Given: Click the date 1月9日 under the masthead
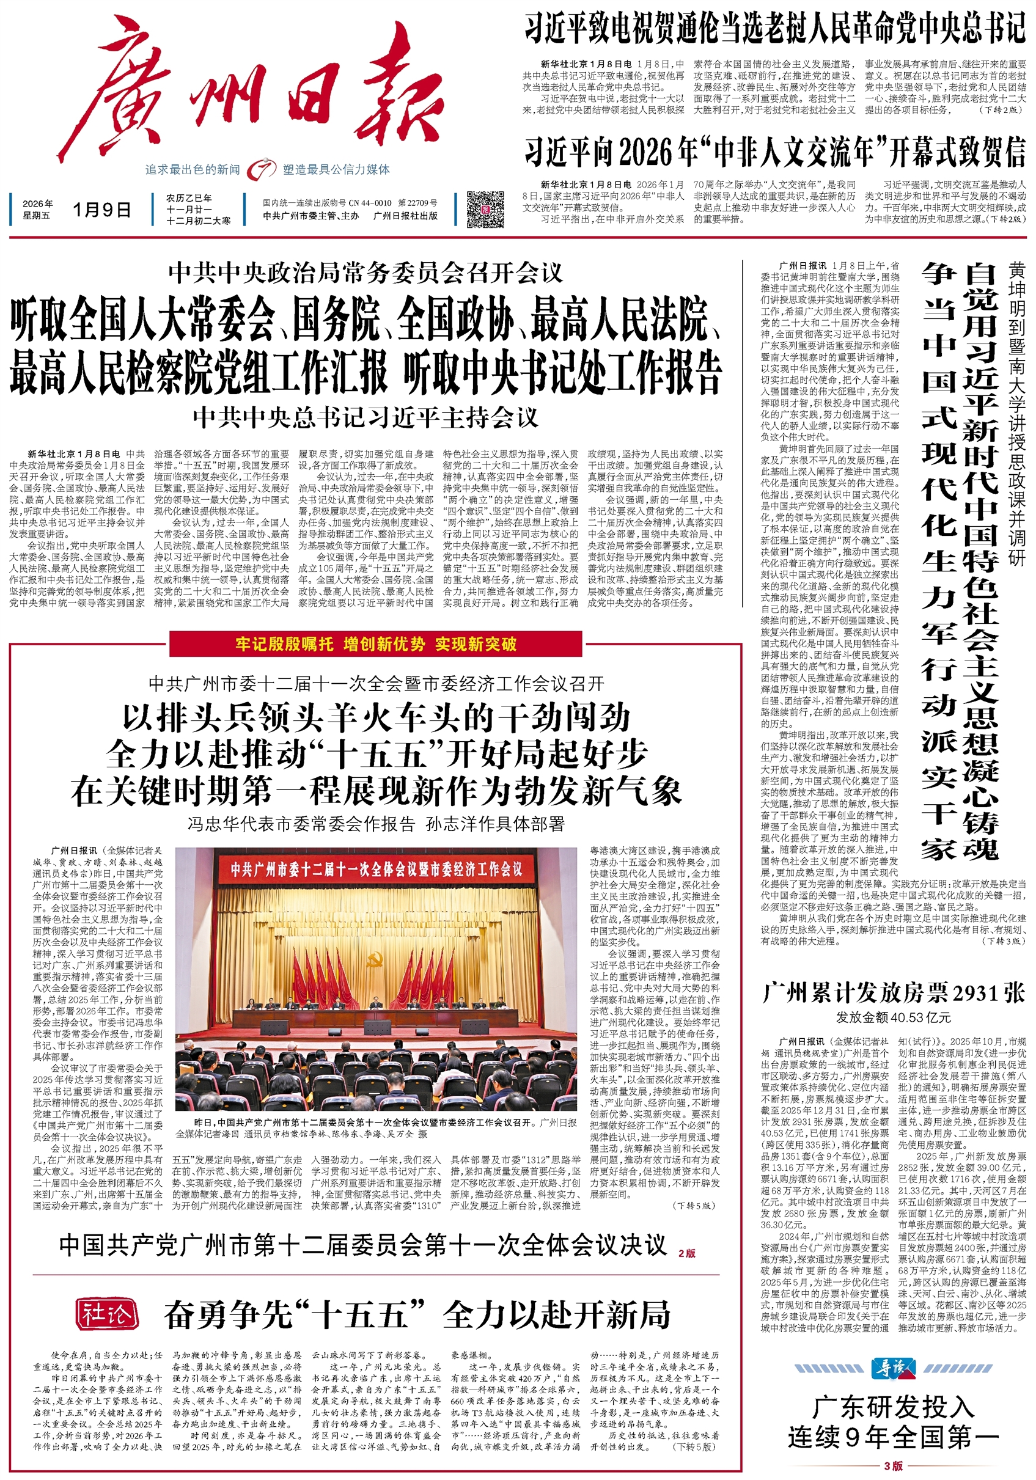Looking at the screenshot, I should tap(102, 210).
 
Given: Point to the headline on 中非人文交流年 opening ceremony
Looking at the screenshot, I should tap(774, 152).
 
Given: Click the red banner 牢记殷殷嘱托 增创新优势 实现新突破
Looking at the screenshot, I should tap(376, 644).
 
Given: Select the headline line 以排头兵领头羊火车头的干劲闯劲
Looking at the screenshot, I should tap(376, 717).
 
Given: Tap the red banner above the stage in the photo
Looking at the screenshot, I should tap(376, 870).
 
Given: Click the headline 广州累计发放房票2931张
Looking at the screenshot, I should tap(894, 994).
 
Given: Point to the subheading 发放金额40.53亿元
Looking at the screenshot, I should tap(894, 1018).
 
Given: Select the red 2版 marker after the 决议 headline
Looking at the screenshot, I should tap(686, 1253).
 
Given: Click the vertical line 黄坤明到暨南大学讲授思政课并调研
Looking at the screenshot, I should tap(1016, 412).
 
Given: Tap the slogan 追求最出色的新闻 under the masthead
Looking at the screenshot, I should tap(192, 169).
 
